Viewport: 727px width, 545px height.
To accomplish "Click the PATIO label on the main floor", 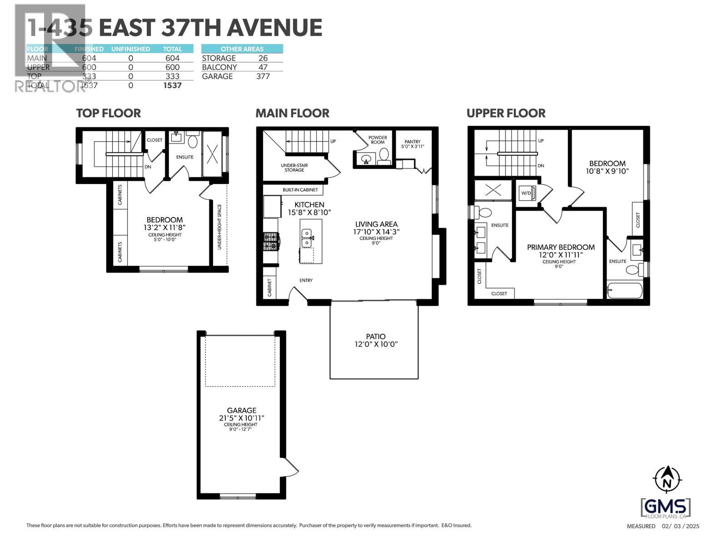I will click(x=375, y=337).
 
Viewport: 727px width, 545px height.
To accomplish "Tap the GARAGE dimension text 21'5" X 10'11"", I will click(x=241, y=418).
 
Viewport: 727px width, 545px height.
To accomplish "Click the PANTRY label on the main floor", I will click(x=413, y=142).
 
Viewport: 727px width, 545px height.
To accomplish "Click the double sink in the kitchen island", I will click(x=307, y=238).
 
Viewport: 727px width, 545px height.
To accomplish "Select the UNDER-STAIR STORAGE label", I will click(x=294, y=168).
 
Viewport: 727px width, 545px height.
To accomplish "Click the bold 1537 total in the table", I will click(x=172, y=85).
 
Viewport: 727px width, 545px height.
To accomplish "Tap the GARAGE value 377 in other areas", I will click(x=263, y=76).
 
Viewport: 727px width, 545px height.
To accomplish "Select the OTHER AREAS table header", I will click(x=242, y=49).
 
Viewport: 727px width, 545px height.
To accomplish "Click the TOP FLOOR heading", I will click(x=108, y=113).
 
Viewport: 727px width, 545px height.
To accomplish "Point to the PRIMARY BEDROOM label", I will click(x=561, y=247).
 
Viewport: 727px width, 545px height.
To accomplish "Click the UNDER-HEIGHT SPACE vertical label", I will click(x=219, y=227).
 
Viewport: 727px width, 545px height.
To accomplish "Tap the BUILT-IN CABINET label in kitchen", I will click(x=300, y=190).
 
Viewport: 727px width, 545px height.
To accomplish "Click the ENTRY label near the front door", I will click(x=306, y=280).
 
